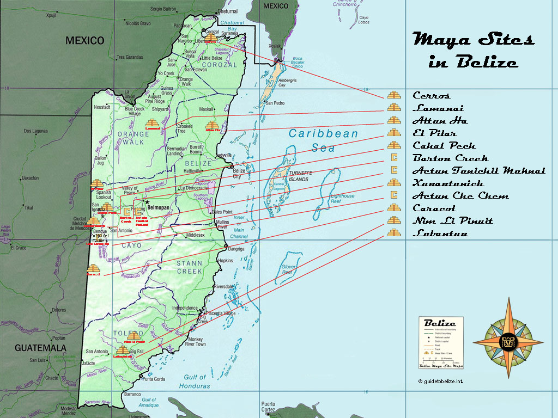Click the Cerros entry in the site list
click(x=432, y=96)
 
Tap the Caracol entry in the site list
click(x=434, y=208)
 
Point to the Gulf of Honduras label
click(x=195, y=381)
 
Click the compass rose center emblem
click(x=508, y=340)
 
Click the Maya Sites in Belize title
click(x=473, y=50)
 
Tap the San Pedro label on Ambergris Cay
click(x=275, y=103)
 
